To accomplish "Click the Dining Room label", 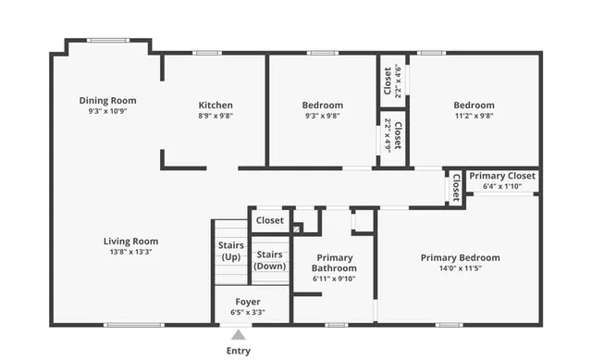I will click(107, 100).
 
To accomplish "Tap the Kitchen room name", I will click(216, 105).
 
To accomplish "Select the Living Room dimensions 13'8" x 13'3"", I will click(130, 252).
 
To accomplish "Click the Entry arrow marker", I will click(238, 335).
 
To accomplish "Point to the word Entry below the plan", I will click(238, 351).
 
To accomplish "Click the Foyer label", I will click(247, 302).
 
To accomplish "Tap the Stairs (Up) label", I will click(231, 251).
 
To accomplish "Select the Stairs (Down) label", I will click(270, 260).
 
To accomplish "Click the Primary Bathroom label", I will click(334, 263).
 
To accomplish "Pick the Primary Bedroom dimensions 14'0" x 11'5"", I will click(460, 269).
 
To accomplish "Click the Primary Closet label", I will click(502, 176).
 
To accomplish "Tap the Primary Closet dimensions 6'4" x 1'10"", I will click(502, 186).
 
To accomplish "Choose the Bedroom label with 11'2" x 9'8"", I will click(474, 105).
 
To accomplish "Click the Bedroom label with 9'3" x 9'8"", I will click(322, 105).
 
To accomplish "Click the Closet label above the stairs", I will click(270, 220).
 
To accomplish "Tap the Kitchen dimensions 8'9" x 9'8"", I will click(216, 116).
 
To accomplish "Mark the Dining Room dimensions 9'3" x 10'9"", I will click(107, 111).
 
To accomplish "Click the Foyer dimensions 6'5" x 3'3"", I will click(247, 313).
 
